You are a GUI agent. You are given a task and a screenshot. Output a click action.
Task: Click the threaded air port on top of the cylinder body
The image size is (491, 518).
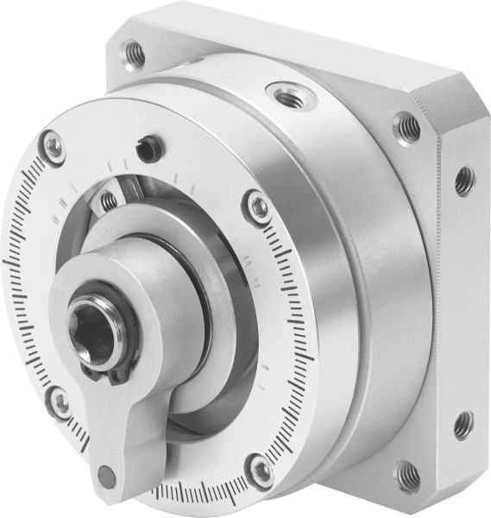coord(284,91)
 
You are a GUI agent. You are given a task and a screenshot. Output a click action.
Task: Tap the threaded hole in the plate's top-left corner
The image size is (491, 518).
coord(134,53)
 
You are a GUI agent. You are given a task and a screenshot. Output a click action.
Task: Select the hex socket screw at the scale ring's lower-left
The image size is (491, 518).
coord(59,400)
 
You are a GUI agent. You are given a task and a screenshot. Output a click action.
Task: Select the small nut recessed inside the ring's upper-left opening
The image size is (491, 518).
coord(110,200)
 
